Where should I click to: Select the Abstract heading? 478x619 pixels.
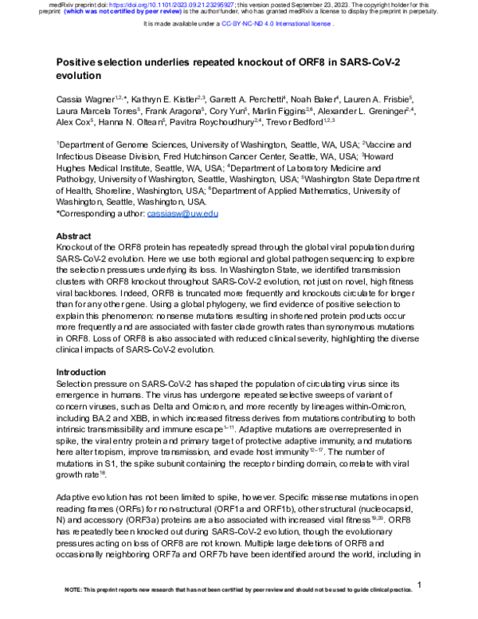[x=75, y=238]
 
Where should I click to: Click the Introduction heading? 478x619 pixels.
[x=82, y=373]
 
